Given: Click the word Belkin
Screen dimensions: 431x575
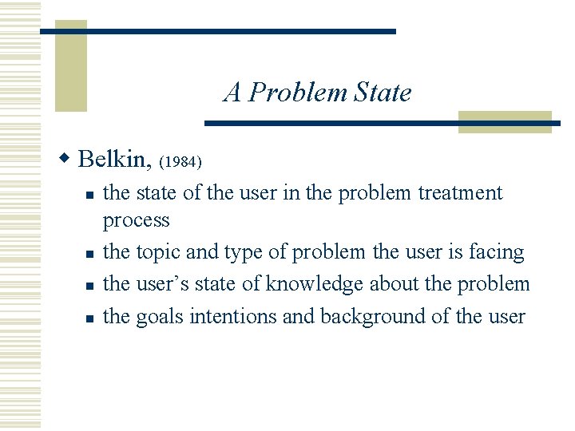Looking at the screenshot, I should tap(114, 159).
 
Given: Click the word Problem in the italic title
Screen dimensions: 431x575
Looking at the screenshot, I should tap(298, 93).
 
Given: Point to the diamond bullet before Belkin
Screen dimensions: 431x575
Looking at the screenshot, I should tap(68, 159).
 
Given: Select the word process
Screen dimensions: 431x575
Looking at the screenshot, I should tap(137, 220).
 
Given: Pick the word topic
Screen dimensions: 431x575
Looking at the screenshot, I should tap(158, 252).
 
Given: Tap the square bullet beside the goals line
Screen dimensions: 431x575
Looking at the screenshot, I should tap(90, 318).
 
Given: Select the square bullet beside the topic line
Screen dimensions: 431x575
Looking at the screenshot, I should tap(90, 254).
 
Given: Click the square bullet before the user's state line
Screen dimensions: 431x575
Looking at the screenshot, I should tap(90, 286).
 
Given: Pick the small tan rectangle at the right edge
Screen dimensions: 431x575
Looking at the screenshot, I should tap(505, 121).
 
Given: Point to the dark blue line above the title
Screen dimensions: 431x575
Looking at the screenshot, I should tap(217, 31).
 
